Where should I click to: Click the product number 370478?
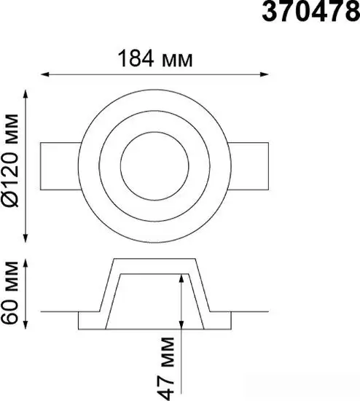coord(311,12)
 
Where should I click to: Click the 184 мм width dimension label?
coord(155,58)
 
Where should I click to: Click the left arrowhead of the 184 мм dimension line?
coord(44,74)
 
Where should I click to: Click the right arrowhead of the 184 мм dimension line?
coord(265,74)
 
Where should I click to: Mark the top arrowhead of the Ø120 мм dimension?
coord(25,94)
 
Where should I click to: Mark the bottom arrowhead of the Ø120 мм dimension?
coord(25,238)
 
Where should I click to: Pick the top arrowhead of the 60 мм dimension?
coord(25,263)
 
